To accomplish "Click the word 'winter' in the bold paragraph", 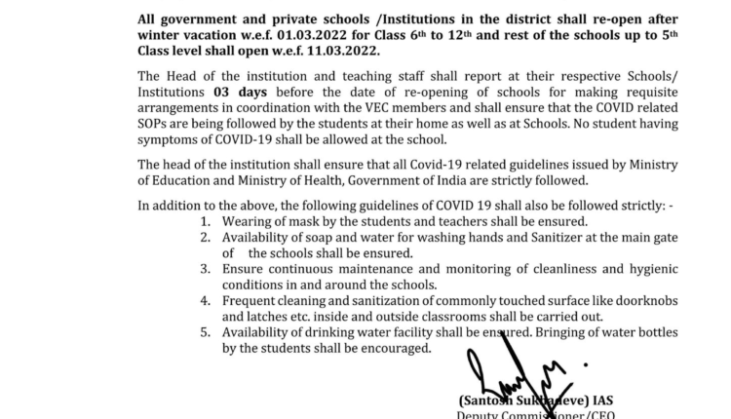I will coord(161,35).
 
